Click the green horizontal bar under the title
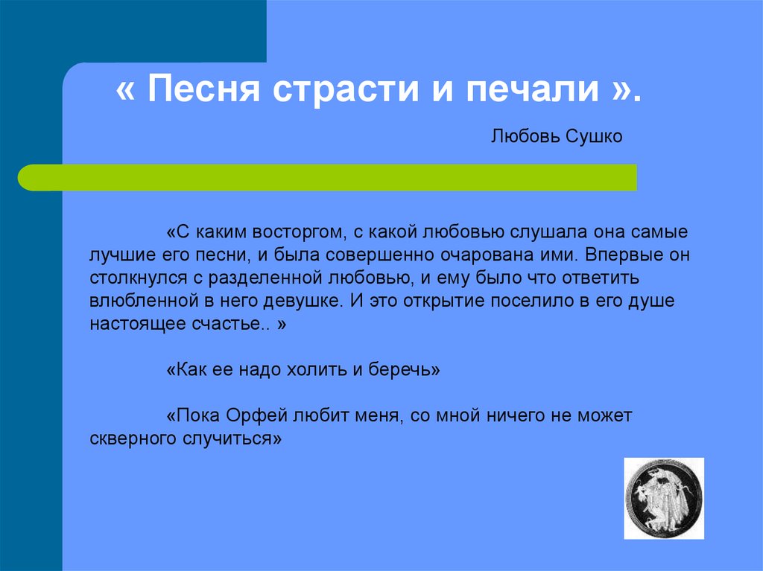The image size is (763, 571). tap(328, 177)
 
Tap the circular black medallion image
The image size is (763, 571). tap(663, 499)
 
